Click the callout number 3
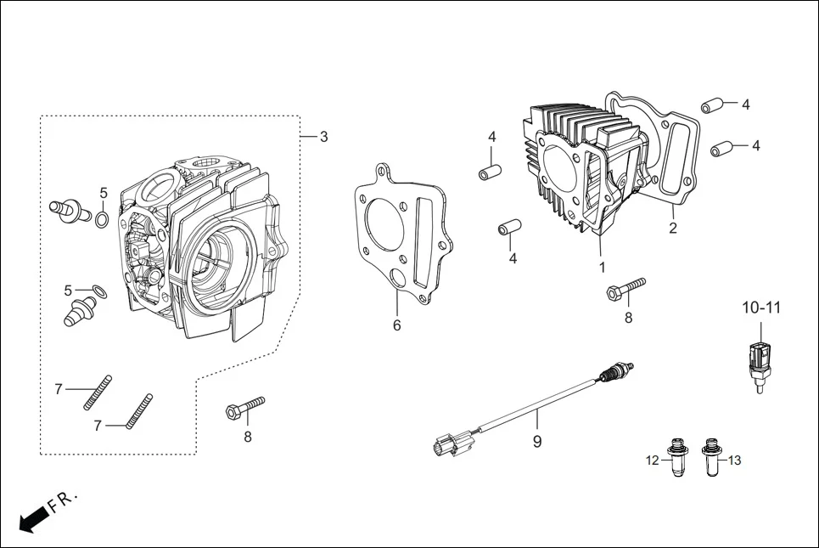(323, 137)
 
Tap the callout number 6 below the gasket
(396, 325)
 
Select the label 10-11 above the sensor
(761, 307)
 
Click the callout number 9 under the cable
(537, 441)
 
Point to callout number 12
(652, 460)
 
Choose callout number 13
(734, 460)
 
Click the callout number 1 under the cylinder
(602, 267)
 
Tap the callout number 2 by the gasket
(672, 228)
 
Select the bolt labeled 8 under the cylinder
(625, 287)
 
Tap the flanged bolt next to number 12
(677, 457)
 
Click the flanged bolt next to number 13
(710, 457)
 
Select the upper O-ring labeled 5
(102, 220)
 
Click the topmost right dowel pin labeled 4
(710, 106)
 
